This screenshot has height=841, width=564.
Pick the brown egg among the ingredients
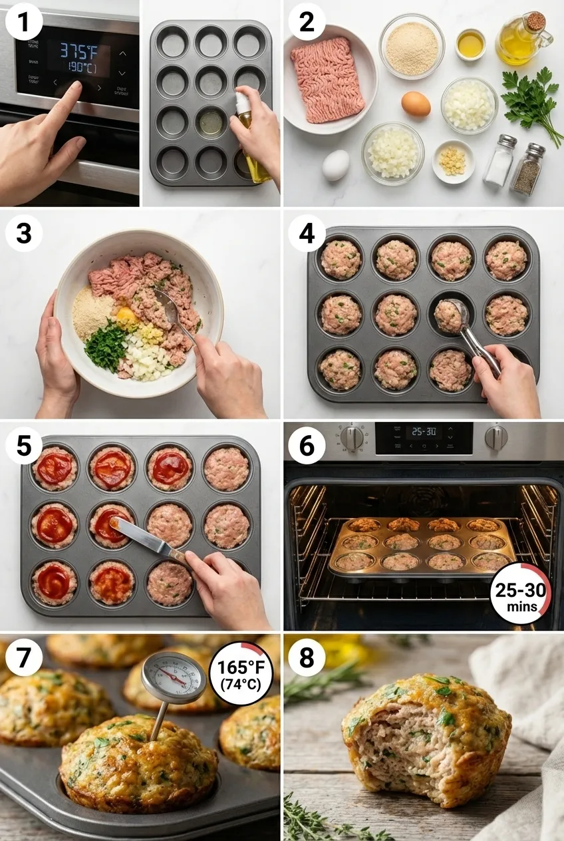[416, 104]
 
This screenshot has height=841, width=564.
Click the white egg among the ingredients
[336, 165]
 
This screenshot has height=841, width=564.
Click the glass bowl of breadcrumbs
[412, 47]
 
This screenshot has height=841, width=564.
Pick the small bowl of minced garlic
[454, 160]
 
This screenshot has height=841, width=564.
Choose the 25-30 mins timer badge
[521, 593]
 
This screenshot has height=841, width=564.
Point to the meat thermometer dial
[174, 677]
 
